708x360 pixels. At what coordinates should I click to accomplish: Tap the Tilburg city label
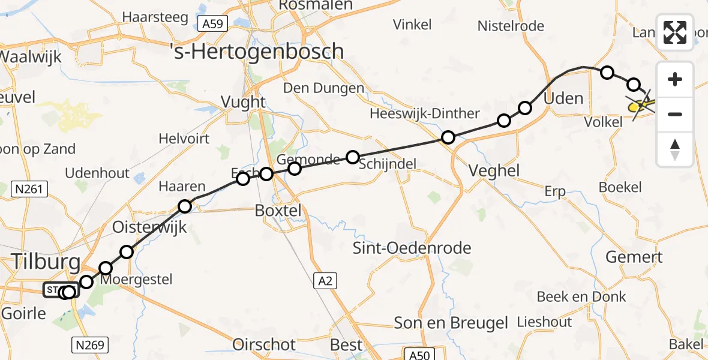click(x=46, y=262)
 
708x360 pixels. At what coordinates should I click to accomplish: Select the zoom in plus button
click(x=675, y=80)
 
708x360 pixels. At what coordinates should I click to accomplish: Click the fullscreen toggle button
click(x=675, y=32)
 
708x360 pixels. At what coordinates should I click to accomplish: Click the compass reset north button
click(x=675, y=149)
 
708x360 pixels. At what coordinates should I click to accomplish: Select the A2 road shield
click(x=326, y=280)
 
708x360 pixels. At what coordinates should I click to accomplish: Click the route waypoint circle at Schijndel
click(x=353, y=158)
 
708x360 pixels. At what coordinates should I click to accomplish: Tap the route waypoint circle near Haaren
click(x=185, y=207)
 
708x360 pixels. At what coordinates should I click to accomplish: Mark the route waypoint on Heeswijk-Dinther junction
click(x=448, y=138)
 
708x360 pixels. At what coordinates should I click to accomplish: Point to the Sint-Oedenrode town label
click(x=412, y=248)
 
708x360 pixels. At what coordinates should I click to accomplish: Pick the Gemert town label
click(x=633, y=257)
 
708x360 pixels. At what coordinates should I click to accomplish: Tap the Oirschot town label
click(x=264, y=345)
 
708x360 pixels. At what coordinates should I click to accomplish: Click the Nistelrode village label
click(x=511, y=26)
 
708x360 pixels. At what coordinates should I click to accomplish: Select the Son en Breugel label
click(x=451, y=323)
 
